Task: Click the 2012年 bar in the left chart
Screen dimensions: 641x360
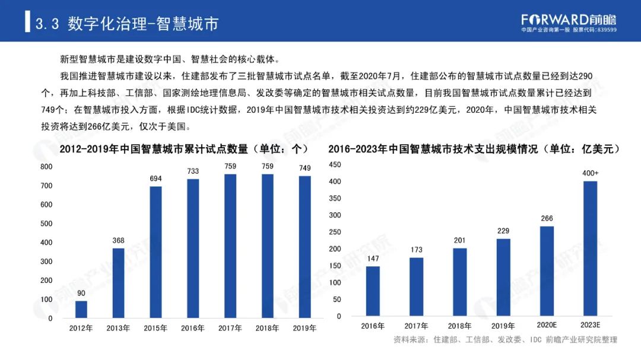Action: click(x=81, y=310)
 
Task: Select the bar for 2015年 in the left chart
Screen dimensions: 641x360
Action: click(x=156, y=252)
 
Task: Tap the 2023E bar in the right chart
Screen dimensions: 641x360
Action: click(x=590, y=249)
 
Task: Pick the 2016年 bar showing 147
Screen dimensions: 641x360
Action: click(x=372, y=291)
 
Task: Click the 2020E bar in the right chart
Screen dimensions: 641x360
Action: click(x=547, y=271)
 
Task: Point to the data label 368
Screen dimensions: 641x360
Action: click(x=118, y=241)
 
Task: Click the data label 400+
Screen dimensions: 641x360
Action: click(x=590, y=173)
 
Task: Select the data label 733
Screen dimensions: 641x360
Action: click(x=193, y=171)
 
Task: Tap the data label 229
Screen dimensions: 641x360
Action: click(x=503, y=231)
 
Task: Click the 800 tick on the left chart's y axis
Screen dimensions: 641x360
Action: click(x=46, y=167)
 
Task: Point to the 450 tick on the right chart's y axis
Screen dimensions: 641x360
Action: click(x=335, y=165)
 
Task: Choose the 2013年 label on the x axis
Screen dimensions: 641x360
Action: click(x=118, y=328)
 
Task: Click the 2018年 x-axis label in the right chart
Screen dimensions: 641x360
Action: click(x=459, y=326)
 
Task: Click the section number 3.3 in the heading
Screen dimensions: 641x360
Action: click(x=47, y=24)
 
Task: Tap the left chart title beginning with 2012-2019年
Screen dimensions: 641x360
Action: click(x=184, y=149)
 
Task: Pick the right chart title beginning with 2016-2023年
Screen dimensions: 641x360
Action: click(x=474, y=149)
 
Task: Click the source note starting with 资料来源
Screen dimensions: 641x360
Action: click(x=505, y=340)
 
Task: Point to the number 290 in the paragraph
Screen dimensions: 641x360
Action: click(x=585, y=76)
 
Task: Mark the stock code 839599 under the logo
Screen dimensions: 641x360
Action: click(x=607, y=30)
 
